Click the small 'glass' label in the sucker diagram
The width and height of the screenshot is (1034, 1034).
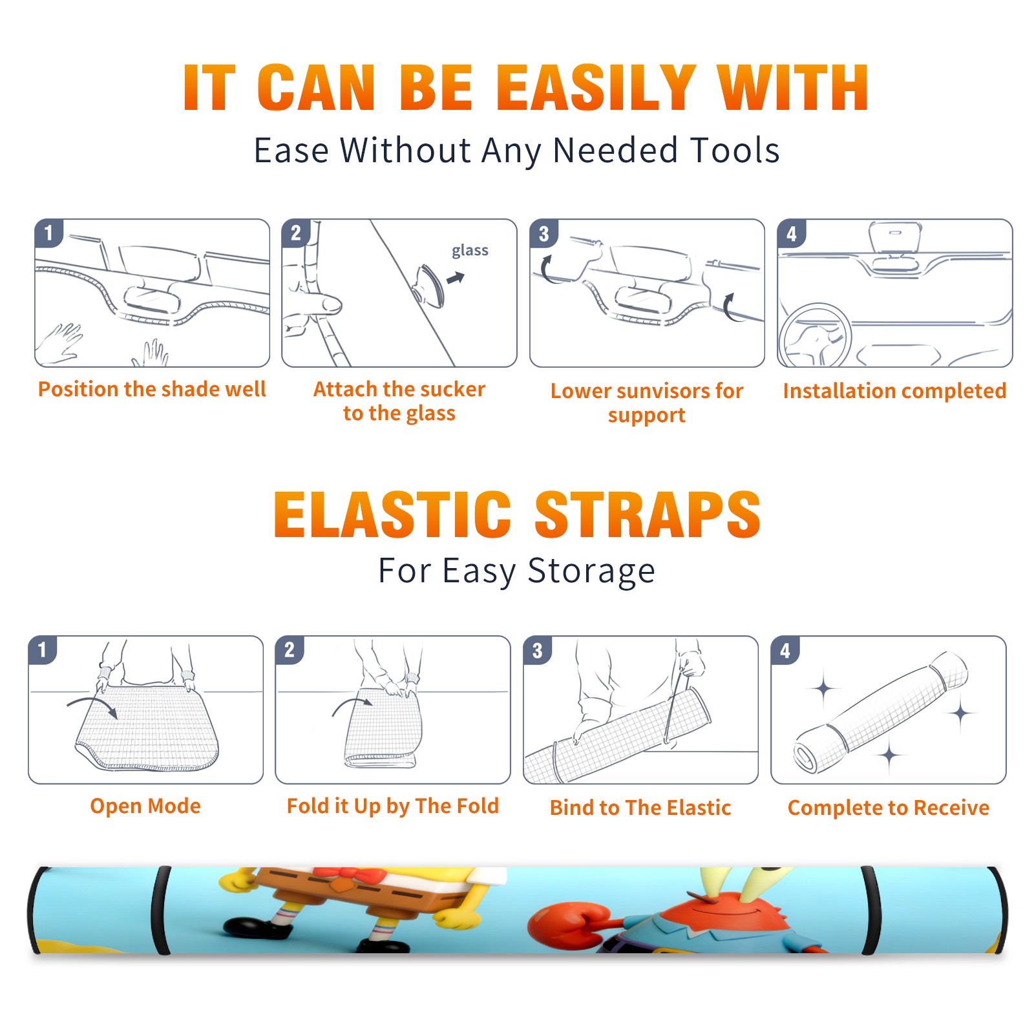point(470,251)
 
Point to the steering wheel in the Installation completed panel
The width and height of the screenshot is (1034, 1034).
point(814,336)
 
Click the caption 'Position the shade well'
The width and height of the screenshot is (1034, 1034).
point(152,389)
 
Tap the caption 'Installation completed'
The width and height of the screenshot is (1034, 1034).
point(894,391)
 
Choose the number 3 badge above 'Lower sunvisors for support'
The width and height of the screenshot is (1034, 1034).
point(543,233)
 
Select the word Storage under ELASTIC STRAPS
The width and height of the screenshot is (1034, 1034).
point(591,571)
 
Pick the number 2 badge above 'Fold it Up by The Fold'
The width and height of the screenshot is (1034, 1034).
point(290,649)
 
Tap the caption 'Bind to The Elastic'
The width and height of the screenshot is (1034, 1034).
point(640,808)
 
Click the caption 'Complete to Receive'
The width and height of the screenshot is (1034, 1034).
point(889,808)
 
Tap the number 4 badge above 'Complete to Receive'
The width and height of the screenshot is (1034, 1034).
point(785,650)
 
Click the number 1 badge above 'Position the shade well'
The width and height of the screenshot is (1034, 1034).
point(48,233)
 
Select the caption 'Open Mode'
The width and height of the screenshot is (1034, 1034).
point(145,807)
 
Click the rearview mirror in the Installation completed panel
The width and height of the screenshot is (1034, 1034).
point(895,237)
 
